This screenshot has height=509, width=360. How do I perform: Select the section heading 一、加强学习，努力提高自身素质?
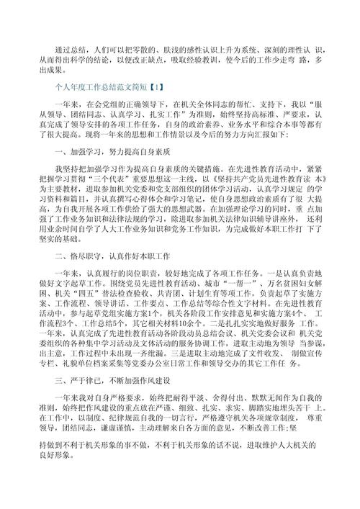(112, 174)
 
